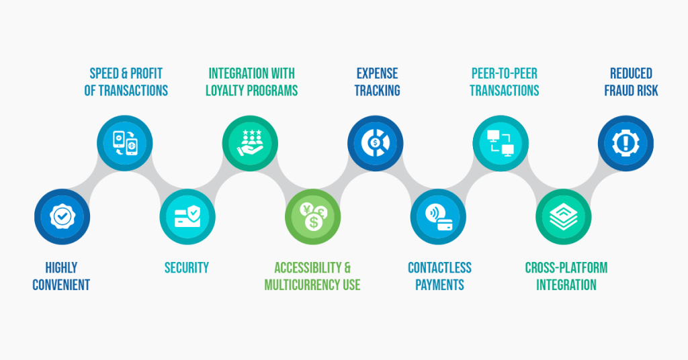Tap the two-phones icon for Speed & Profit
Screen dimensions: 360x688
coord(124,143)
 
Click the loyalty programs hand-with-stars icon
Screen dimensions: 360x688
coord(250,143)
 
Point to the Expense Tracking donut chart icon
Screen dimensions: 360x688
coord(375,143)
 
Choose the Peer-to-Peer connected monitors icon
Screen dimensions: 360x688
coord(501,143)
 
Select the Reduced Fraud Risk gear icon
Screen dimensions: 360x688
coord(626,143)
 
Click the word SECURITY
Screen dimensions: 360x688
coord(187,268)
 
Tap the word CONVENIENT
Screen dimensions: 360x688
coord(61,285)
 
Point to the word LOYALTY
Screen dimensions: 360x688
coord(228,90)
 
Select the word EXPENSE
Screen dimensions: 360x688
coord(377,73)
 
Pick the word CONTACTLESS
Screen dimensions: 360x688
coord(439,268)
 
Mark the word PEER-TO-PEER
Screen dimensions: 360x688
coord(504,73)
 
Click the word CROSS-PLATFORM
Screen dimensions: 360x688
coord(566,268)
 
